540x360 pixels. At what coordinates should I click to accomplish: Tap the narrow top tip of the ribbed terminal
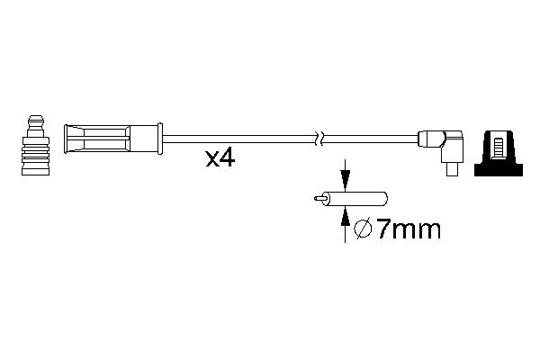[35, 120]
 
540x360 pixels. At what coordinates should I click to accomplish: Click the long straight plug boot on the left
[108, 139]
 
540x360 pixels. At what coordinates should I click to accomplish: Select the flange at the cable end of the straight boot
[158, 139]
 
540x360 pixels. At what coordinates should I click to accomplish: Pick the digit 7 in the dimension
[383, 230]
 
